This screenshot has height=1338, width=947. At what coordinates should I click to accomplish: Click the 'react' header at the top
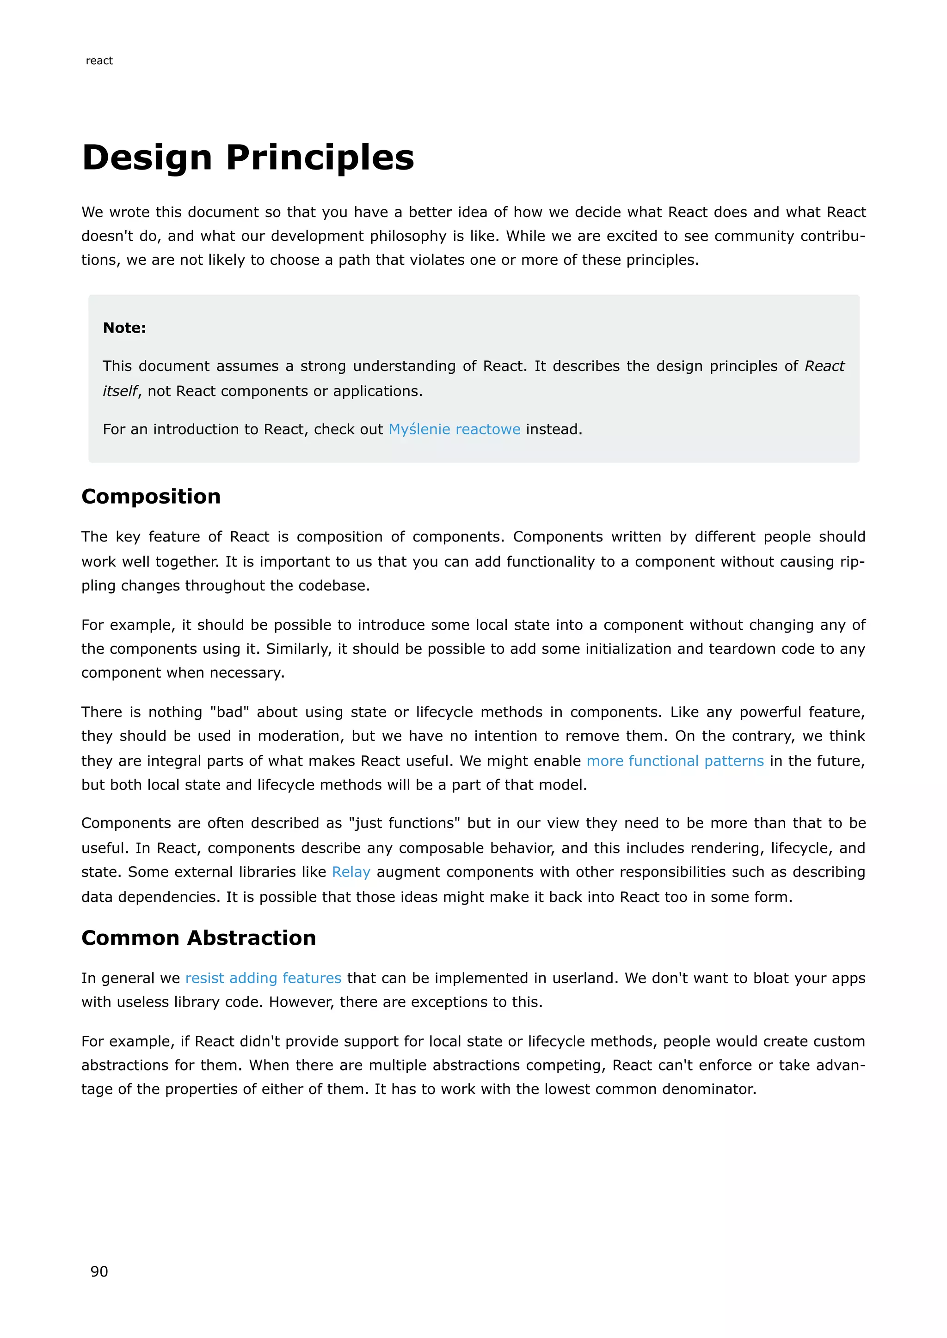coord(99,61)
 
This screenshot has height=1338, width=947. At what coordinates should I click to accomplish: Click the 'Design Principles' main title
coord(248,158)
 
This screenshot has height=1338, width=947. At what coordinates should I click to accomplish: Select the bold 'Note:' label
coord(124,328)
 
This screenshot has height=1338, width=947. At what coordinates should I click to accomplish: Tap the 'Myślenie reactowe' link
coord(454,430)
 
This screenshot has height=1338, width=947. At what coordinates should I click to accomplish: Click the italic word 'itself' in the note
coord(120,391)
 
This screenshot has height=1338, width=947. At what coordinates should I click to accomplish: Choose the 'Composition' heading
coord(151,497)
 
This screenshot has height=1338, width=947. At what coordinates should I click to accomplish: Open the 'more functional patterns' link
coord(675,761)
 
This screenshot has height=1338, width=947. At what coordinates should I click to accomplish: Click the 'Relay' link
coord(351,872)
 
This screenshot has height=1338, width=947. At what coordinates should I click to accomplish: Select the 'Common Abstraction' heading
coord(198,937)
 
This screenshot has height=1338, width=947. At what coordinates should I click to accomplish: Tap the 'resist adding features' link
coord(263,978)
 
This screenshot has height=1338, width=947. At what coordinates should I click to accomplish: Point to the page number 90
coord(99,1271)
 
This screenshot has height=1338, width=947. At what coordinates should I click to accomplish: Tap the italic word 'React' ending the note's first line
coord(824,366)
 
